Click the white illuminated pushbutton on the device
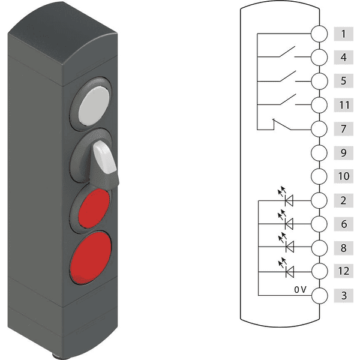point(94,106)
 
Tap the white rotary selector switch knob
point(104,157)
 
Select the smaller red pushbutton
point(94,208)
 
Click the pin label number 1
point(343,34)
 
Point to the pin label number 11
point(343,105)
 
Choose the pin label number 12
point(343,271)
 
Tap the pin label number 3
point(343,295)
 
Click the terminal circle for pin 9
point(319,152)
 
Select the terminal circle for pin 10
point(319,176)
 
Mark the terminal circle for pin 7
point(319,129)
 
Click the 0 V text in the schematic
point(300,290)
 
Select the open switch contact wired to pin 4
point(287,52)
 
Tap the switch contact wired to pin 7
point(282,124)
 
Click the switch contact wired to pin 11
point(287,99)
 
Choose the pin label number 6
point(343,224)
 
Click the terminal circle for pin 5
point(319,81)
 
